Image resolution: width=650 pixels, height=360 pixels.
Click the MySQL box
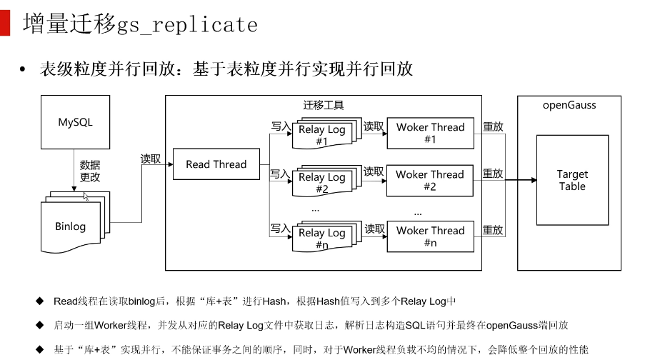[x=75, y=122]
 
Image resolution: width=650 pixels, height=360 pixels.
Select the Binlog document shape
[x=70, y=226]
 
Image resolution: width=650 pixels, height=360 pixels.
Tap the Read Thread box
[x=216, y=164]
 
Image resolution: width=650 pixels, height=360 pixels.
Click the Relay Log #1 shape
[x=321, y=134]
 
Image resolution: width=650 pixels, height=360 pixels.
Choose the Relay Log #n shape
[x=321, y=238]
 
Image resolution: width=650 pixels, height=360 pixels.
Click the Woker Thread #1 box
[x=430, y=133]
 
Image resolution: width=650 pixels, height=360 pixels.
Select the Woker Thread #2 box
[x=430, y=180]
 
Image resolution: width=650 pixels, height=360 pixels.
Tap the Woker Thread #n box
[x=430, y=236]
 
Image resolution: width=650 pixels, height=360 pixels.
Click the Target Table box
[x=572, y=180]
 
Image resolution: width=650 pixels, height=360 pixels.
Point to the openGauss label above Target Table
[x=569, y=105]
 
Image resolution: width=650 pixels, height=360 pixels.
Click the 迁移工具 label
[x=324, y=105]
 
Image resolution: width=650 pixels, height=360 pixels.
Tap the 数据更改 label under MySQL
[x=90, y=171]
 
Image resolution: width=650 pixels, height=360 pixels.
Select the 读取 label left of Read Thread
[x=151, y=159]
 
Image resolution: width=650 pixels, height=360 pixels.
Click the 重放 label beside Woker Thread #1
[x=493, y=126]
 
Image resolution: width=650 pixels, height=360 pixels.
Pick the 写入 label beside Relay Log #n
[x=280, y=229]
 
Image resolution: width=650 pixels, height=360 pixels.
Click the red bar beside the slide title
[x=6, y=24]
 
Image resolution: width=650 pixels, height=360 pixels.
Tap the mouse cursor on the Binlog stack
[x=86, y=196]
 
